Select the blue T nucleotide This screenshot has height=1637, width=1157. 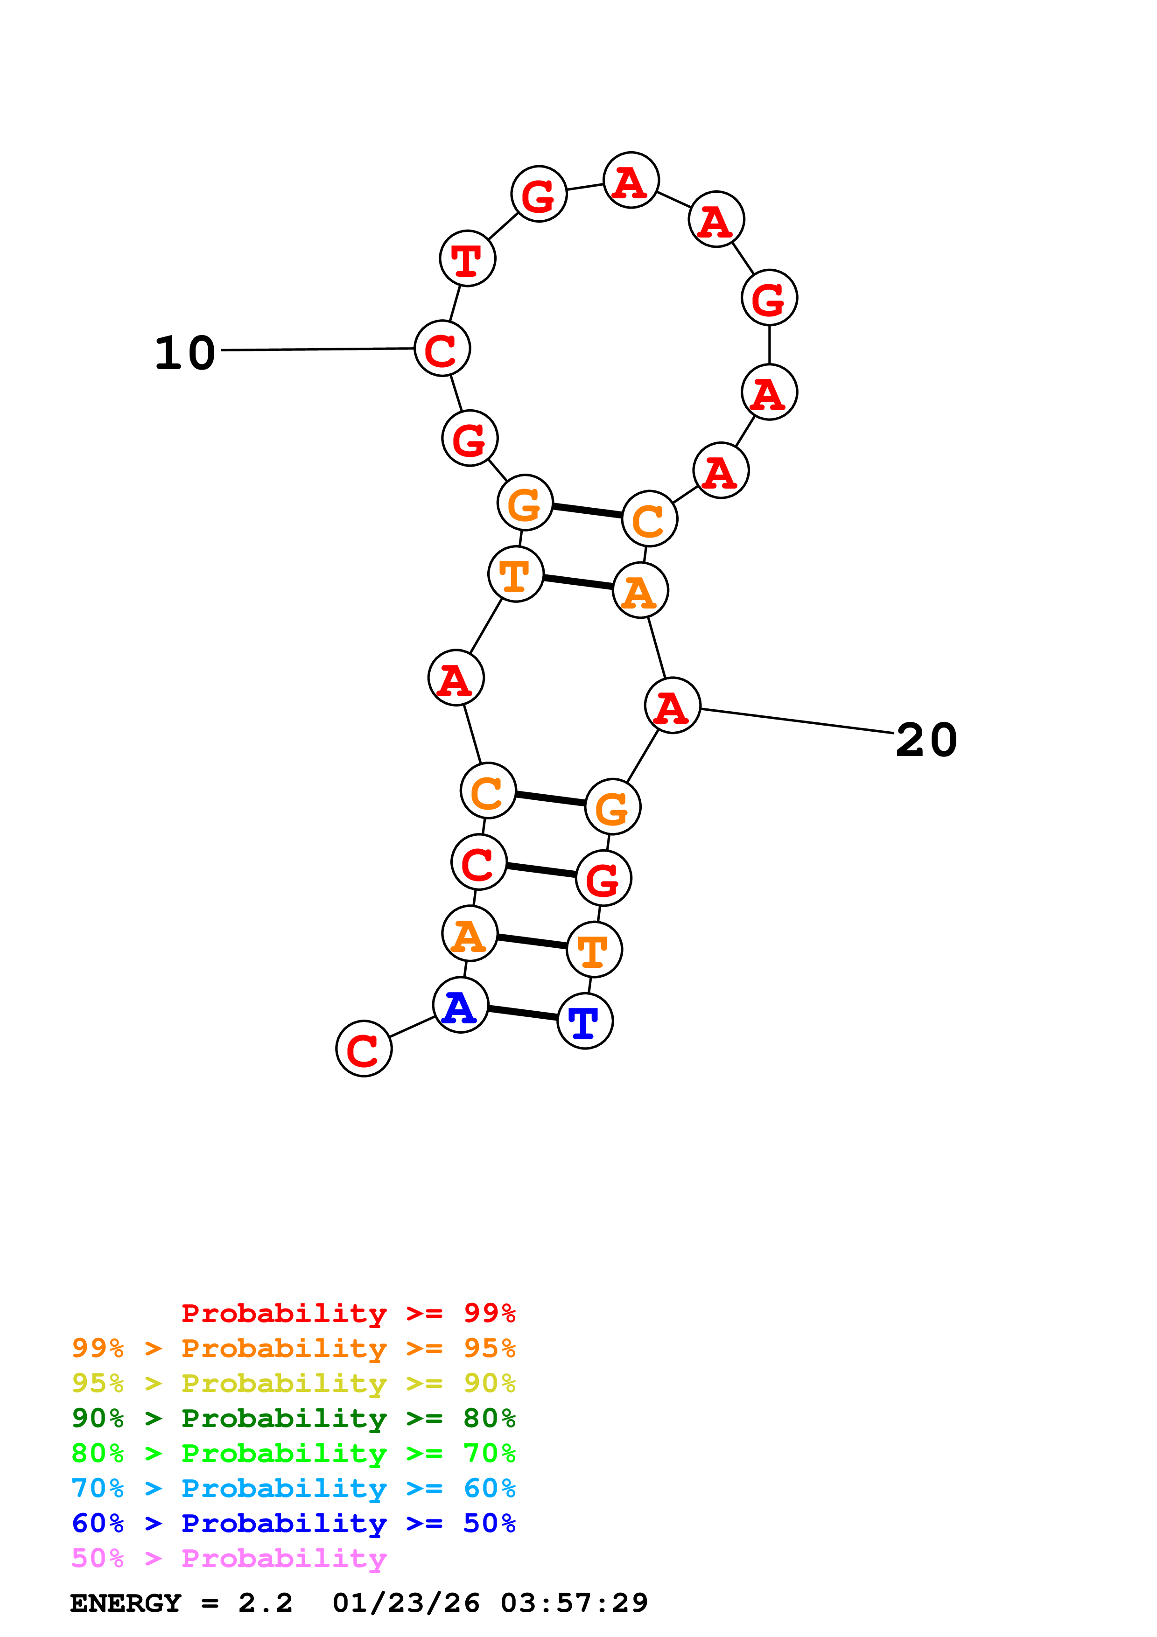[584, 1021]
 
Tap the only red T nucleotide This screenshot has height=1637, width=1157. [467, 258]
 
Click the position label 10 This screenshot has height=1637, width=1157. [185, 353]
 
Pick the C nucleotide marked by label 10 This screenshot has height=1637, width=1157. [442, 349]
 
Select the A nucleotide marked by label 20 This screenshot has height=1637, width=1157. [672, 706]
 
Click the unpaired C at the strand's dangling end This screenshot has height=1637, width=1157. [364, 1049]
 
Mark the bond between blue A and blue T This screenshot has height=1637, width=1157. [523, 1013]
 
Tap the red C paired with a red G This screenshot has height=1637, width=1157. [478, 863]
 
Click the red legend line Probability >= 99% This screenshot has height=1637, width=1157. [348, 1313]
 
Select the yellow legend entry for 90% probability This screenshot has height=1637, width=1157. [293, 1383]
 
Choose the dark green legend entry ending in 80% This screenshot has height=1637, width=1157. [293, 1418]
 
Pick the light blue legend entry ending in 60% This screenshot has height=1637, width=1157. [293, 1488]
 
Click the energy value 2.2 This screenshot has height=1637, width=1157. [265, 1603]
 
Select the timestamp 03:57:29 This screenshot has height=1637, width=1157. [574, 1603]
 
